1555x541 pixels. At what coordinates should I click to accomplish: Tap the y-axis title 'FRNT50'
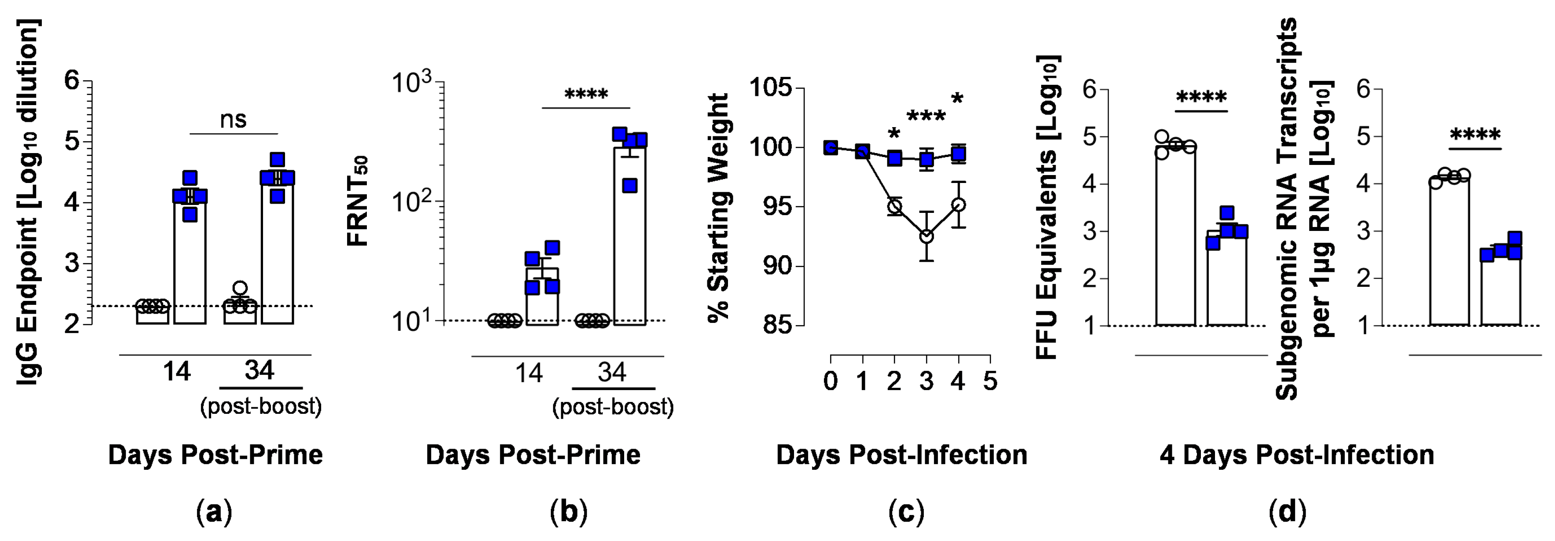(x=359, y=201)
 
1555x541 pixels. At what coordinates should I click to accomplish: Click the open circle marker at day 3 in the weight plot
(x=926, y=236)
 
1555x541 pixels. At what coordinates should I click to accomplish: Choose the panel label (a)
(x=214, y=512)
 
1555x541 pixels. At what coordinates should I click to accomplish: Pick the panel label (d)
(x=1288, y=512)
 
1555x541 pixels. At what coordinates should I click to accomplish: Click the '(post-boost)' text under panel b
(x=613, y=406)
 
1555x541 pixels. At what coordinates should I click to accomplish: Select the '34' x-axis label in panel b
(x=612, y=372)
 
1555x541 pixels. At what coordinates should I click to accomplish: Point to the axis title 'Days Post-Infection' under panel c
(x=901, y=455)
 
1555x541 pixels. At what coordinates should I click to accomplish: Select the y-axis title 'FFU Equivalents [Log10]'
(x=1047, y=207)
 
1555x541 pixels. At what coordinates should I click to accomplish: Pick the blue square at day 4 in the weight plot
(x=958, y=154)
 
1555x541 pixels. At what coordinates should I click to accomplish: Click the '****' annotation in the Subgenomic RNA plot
(x=1475, y=135)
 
